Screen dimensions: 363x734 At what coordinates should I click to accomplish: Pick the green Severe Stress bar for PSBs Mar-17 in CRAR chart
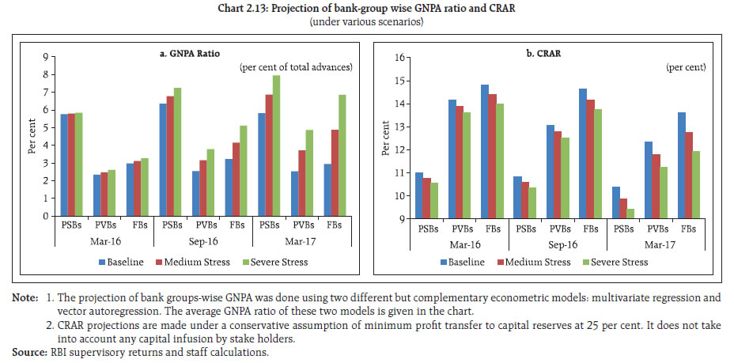coord(630,214)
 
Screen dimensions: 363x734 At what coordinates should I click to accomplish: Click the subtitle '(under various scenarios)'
coord(367,21)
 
